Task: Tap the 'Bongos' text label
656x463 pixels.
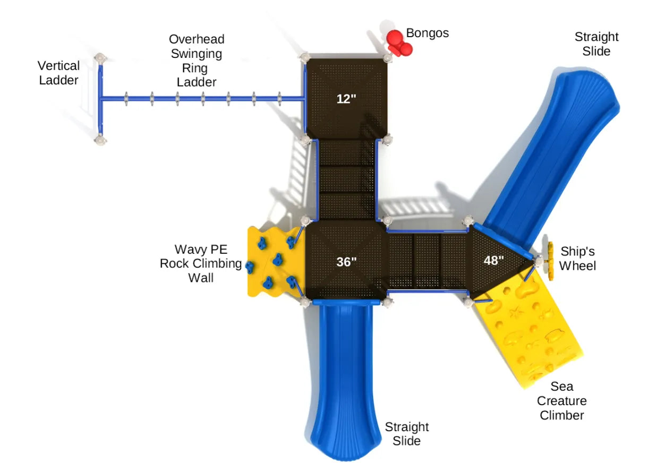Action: coord(427,33)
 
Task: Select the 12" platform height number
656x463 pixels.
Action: coord(346,98)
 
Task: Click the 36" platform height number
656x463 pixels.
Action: coord(346,262)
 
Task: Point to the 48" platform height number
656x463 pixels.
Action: coord(493,260)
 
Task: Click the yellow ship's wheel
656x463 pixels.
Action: coord(550,261)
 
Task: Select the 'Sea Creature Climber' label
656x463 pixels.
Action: coord(562,401)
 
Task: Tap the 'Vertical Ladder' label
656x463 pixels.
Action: coord(59,73)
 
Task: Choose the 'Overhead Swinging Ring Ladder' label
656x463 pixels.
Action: coord(197,61)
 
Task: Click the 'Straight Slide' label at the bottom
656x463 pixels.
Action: coord(406,434)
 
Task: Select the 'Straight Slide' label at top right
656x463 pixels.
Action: coord(596,44)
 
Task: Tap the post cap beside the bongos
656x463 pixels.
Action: coord(387,57)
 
